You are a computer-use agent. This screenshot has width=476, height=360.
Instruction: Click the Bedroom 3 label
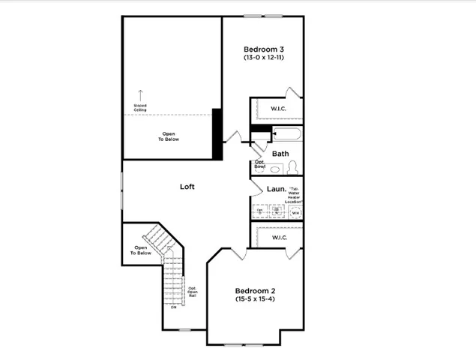tap(263, 49)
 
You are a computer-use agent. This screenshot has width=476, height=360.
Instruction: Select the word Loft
tap(187, 186)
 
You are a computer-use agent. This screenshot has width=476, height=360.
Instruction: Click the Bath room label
tap(280, 154)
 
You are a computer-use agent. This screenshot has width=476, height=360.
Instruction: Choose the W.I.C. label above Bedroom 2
tap(280, 237)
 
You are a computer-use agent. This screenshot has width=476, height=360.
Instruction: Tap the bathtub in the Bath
tap(288, 136)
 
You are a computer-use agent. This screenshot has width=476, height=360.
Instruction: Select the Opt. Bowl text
tap(259, 163)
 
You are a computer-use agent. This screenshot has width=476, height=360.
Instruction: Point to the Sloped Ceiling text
tap(140, 107)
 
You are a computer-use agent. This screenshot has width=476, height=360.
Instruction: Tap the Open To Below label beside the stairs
tap(142, 250)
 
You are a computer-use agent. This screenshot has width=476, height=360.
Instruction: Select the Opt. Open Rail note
tap(193, 292)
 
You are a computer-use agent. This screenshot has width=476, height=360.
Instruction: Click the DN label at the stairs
tap(173, 307)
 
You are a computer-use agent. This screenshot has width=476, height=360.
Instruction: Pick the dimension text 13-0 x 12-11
tap(263, 58)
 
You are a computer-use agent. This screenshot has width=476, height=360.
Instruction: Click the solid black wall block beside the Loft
tap(217, 133)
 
